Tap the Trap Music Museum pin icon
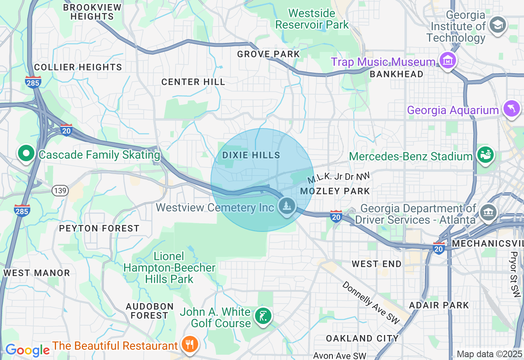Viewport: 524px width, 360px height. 447,61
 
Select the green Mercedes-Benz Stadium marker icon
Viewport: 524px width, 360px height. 485,155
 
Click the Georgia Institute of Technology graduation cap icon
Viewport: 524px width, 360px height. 498,25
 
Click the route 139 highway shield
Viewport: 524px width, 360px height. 60,191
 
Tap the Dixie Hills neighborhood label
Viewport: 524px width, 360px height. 251,155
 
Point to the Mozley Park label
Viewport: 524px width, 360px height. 335,191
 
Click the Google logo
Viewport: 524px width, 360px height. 27,350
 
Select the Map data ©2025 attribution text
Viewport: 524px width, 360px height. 489,354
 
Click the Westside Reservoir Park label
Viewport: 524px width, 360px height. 312,19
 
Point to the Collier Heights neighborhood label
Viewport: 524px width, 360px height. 78,67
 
